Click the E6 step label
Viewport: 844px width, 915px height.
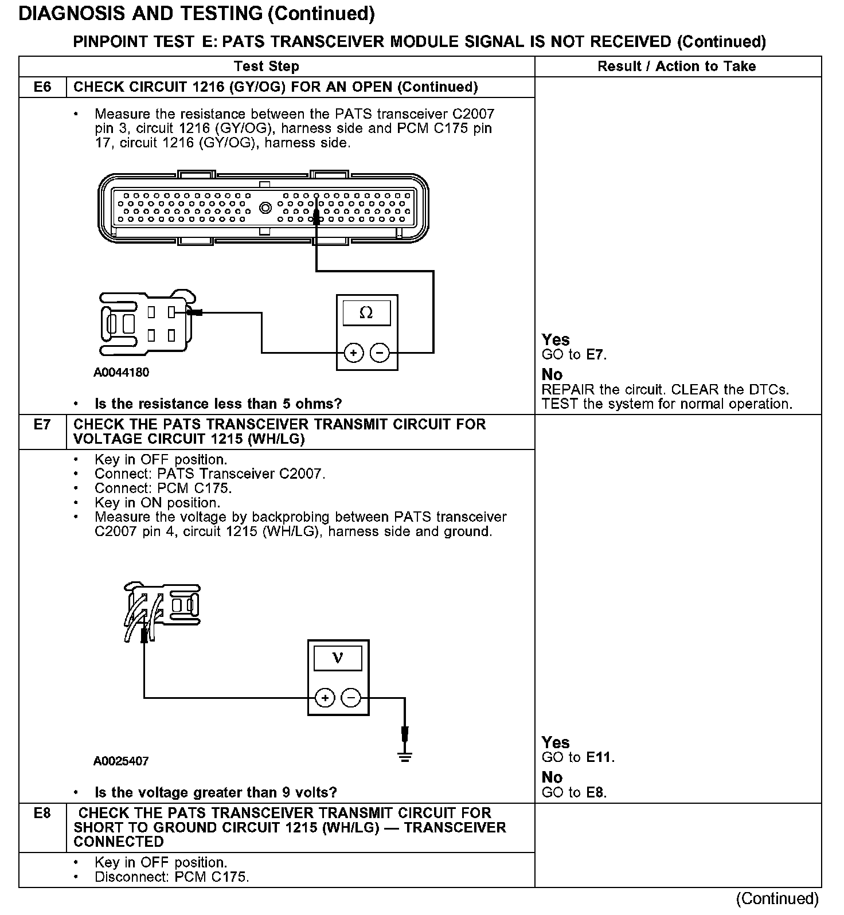(x=42, y=87)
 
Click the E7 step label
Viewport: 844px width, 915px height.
(x=42, y=425)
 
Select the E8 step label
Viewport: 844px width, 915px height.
(x=42, y=814)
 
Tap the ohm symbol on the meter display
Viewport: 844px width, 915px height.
(x=366, y=313)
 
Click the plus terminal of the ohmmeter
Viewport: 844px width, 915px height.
(x=353, y=353)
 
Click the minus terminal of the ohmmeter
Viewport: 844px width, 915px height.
(x=380, y=353)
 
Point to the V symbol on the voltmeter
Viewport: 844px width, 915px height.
(x=338, y=658)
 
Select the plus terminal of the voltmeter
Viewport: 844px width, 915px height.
(x=325, y=698)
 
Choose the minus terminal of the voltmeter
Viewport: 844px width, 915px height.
(x=351, y=698)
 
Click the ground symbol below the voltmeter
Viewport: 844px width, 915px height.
(x=405, y=757)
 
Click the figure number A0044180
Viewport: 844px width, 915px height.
(x=121, y=373)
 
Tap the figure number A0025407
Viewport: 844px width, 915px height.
(x=121, y=761)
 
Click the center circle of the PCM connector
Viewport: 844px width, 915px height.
(x=265, y=207)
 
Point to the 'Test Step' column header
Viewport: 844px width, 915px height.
(x=267, y=67)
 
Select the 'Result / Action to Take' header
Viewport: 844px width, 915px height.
(x=677, y=67)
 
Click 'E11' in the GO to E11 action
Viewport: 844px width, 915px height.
(x=599, y=757)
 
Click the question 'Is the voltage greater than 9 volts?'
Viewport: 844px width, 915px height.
(x=216, y=792)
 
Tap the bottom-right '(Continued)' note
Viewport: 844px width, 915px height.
(x=777, y=898)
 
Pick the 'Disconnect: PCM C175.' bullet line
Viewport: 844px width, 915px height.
(x=171, y=877)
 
